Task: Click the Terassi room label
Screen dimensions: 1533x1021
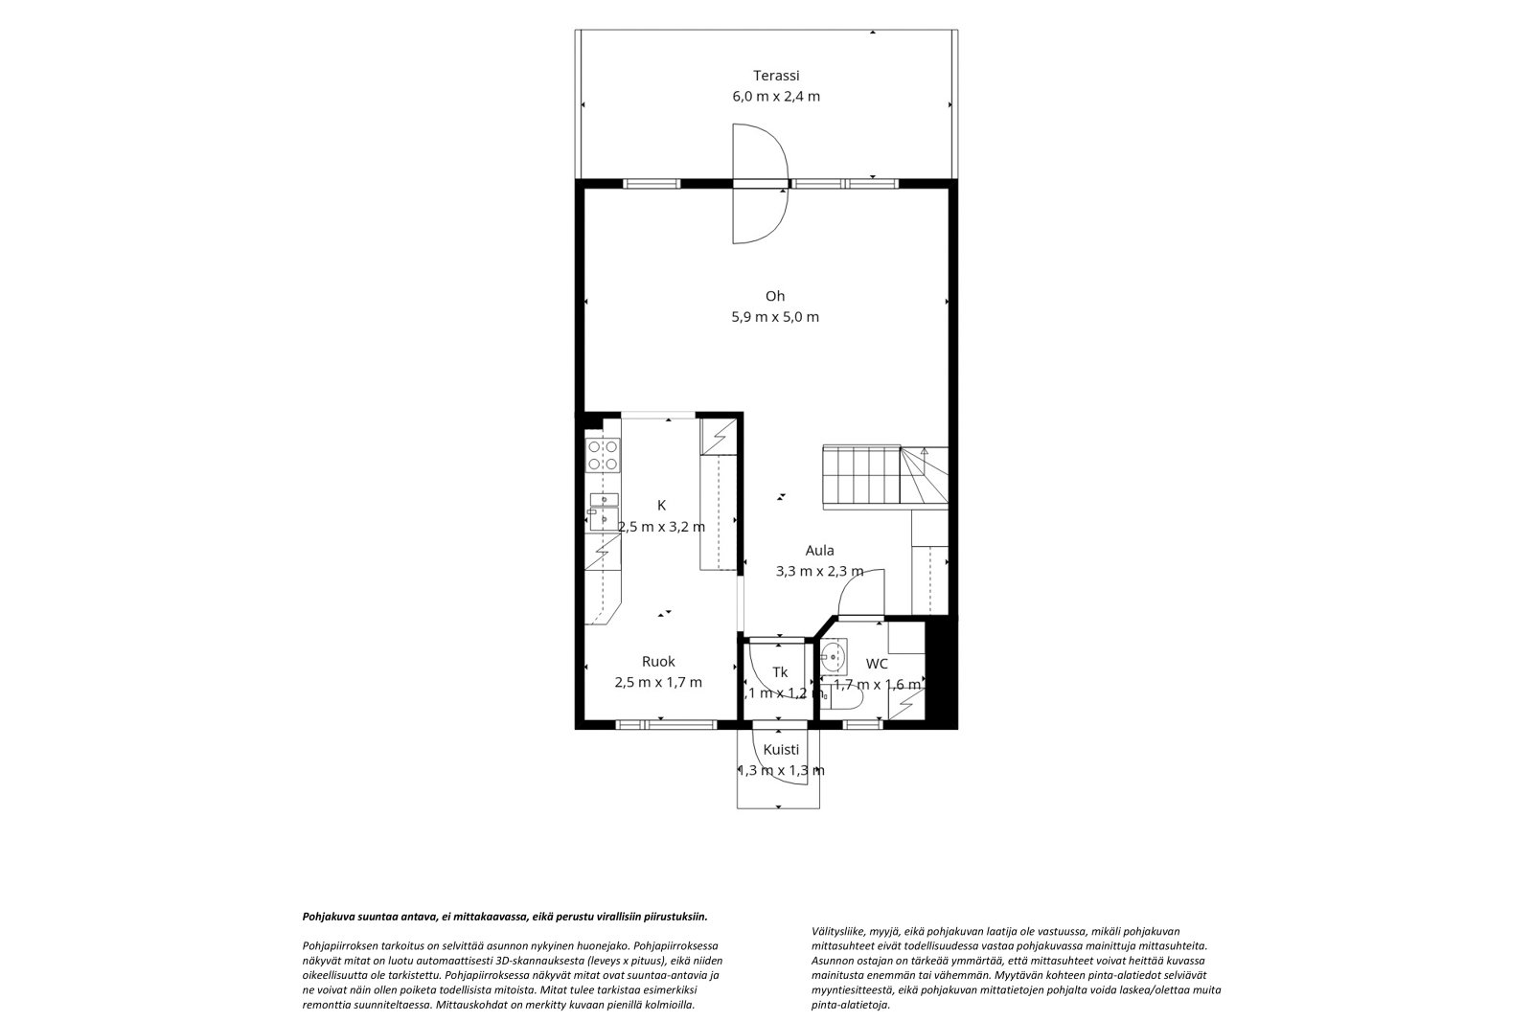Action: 776,76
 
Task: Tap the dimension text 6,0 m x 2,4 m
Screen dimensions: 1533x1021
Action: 776,97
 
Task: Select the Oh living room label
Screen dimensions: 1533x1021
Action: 775,296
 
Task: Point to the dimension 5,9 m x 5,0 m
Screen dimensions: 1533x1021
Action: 775,317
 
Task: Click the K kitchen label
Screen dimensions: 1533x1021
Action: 661,505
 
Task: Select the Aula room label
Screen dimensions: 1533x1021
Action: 819,550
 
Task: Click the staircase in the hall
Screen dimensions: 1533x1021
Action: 885,476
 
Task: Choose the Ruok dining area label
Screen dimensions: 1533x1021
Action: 658,661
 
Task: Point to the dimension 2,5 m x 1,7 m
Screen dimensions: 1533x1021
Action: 658,682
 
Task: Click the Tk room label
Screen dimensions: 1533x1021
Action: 780,672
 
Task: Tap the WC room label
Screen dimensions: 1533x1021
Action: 877,663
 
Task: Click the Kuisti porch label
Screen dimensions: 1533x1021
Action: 781,749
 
